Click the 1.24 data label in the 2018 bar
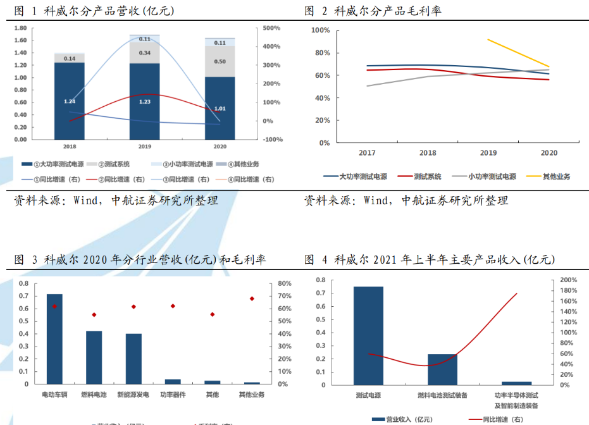(x=70, y=101)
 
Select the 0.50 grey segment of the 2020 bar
(x=220, y=61)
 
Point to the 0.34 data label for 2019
(x=145, y=52)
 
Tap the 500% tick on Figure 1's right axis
(x=272, y=28)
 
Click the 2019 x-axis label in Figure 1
(x=145, y=147)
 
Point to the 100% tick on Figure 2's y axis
(x=321, y=30)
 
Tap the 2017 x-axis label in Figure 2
(x=367, y=153)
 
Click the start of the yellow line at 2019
(x=488, y=39)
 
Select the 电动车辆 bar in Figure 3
(x=54, y=339)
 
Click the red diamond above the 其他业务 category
(x=252, y=299)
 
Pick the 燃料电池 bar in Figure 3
(x=94, y=357)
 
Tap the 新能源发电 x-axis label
(x=133, y=395)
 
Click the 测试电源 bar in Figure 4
(x=368, y=335)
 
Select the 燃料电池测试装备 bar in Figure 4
(x=442, y=369)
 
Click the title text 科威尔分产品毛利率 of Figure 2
(x=388, y=11)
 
